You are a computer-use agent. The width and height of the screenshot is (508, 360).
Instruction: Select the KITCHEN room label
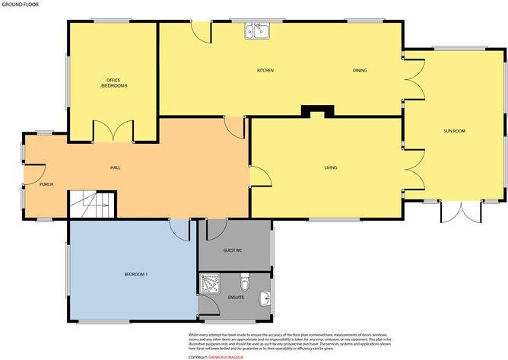click(265, 71)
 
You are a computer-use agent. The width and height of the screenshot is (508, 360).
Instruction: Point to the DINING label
click(360, 71)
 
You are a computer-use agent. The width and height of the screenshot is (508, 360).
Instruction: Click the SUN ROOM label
click(454, 131)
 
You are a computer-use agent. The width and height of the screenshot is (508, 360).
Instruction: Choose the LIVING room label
click(331, 167)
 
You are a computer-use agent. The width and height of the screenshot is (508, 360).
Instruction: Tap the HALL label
click(116, 167)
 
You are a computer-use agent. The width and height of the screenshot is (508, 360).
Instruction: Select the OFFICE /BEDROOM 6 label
click(113, 83)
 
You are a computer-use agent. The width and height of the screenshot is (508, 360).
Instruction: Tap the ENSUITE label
click(236, 298)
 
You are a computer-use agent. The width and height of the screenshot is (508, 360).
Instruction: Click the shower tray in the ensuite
click(208, 284)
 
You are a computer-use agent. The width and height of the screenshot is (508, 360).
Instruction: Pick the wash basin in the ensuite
click(264, 296)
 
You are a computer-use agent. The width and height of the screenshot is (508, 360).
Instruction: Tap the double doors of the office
click(114, 132)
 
